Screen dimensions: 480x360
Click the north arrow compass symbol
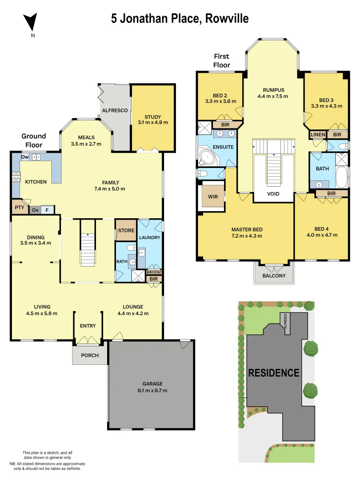[31, 22]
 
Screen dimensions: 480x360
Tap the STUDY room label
[152, 117]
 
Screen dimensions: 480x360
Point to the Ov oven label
[35, 210]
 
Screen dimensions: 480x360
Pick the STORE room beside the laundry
[125, 231]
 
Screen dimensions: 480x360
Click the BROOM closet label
[154, 272]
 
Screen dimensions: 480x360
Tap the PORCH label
[90, 355]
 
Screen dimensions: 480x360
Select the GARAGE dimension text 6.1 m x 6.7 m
[152, 390]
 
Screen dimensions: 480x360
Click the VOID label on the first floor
[274, 194]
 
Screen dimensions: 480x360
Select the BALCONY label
[274, 276]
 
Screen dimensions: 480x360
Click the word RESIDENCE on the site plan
[273, 372]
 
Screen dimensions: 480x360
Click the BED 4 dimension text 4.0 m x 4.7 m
[321, 236]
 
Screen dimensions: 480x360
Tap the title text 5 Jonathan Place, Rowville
[180, 18]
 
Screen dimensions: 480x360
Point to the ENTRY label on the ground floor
[88, 326]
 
